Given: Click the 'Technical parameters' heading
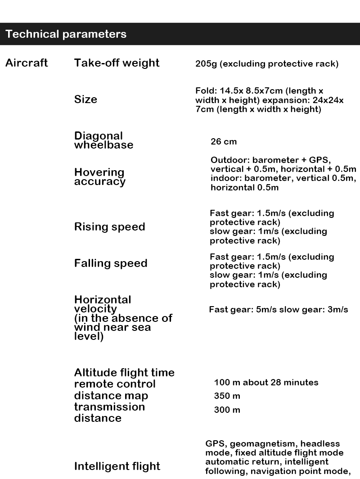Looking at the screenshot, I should coord(66,34).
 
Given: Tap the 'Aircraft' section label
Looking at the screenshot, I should coord(27,63).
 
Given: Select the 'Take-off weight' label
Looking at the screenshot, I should coord(117,63).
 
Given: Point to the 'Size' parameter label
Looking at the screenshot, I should coord(85,99).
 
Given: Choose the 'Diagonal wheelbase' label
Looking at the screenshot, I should coord(103,140).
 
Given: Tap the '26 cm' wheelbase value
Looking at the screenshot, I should coord(224,142).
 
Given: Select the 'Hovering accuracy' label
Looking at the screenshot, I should coord(99,177).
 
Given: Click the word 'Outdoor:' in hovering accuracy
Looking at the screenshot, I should coord(230,160).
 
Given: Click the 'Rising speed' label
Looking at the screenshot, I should coord(109,226).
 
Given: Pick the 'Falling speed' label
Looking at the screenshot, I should coord(111,263).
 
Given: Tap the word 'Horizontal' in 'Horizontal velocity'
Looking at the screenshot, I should coord(103,300).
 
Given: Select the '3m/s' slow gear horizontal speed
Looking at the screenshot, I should coord(337,310).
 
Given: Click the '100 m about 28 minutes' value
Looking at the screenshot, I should coord(266,383).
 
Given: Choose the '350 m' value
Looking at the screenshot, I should coord(227,396).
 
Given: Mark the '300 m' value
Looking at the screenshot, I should coord(227,410).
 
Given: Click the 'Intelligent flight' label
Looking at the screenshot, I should coord(117,466).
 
